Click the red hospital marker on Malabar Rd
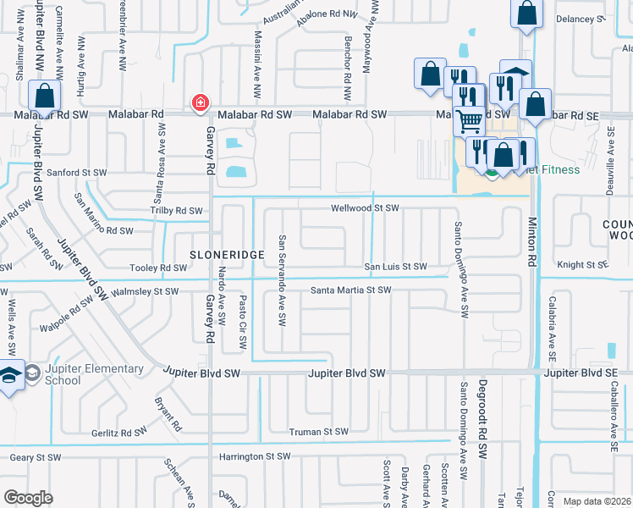click(x=200, y=103)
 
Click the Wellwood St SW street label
click(x=364, y=207)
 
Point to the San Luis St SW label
click(x=395, y=266)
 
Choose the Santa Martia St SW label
click(x=350, y=290)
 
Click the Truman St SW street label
click(x=318, y=432)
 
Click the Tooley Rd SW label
click(x=158, y=268)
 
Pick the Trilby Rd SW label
click(x=176, y=210)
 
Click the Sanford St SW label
click(x=77, y=172)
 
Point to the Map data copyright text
click(x=596, y=501)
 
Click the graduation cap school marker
click(x=10, y=375)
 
